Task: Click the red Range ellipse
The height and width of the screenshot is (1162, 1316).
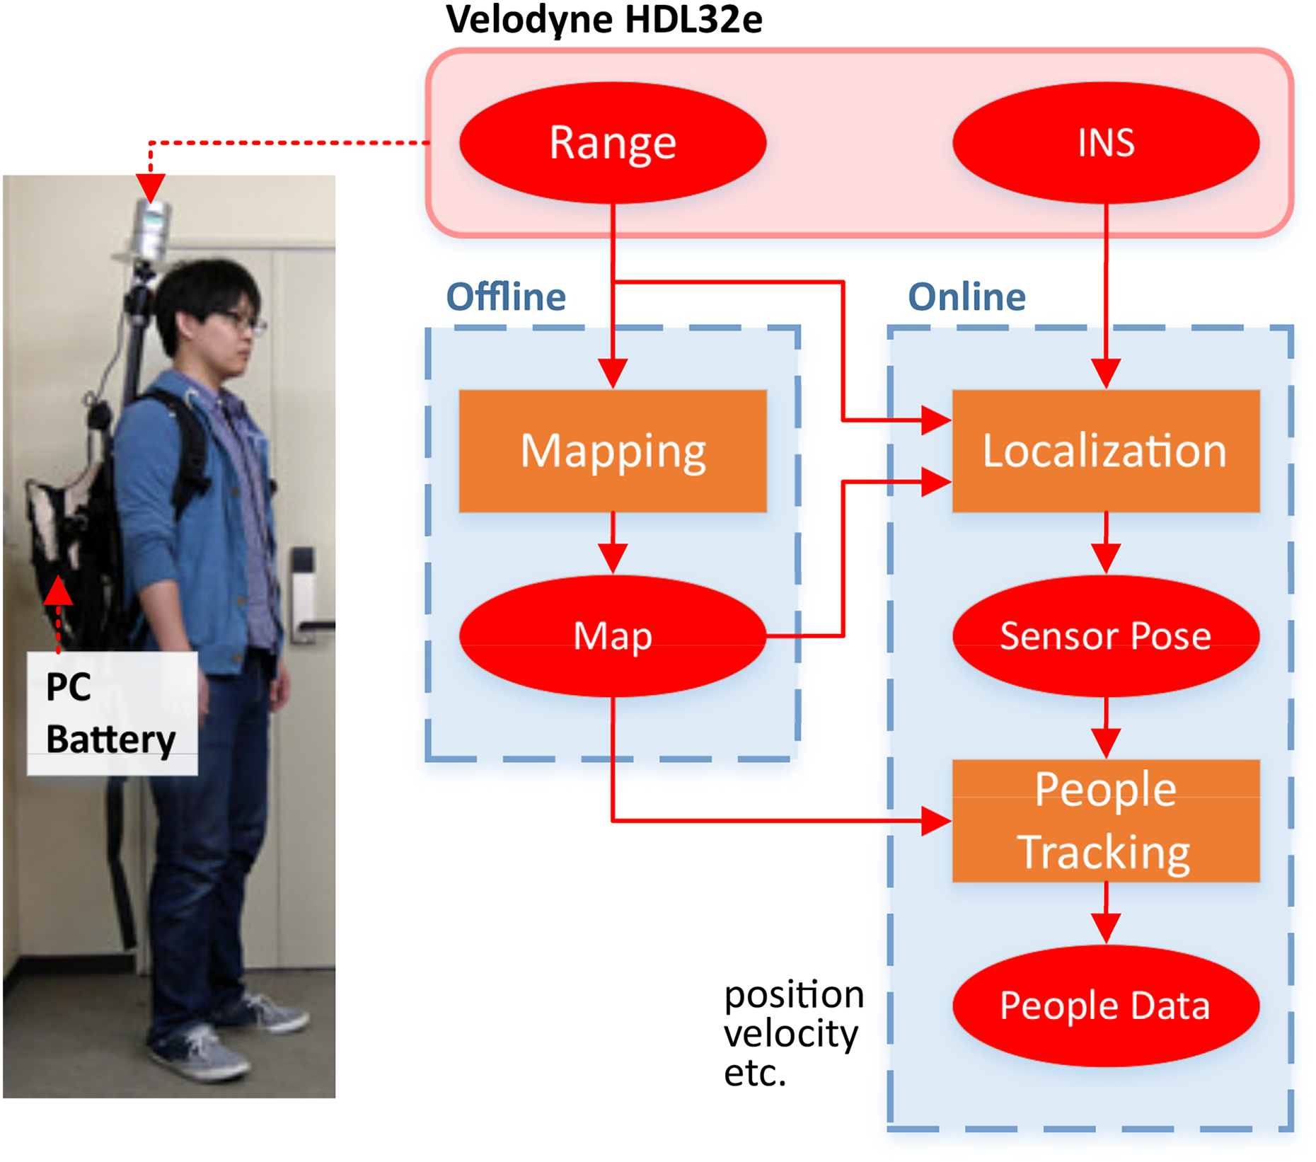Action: [613, 142]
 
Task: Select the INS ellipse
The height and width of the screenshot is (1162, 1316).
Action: [1106, 142]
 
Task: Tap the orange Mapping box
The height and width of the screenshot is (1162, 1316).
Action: [613, 451]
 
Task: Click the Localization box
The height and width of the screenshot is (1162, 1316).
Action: [1106, 451]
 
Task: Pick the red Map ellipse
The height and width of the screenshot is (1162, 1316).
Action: [613, 635]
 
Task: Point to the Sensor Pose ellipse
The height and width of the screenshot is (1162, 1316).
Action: [1106, 635]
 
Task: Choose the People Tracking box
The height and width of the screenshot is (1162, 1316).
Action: [1106, 821]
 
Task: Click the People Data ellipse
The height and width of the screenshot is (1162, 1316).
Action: [1106, 1006]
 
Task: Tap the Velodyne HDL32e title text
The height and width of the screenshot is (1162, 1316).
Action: [604, 20]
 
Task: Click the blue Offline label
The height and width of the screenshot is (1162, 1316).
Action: [506, 297]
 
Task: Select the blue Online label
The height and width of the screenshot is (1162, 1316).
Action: [966, 297]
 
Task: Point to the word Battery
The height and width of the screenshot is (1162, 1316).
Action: [110, 740]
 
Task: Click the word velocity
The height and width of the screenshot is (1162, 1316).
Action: [791, 1034]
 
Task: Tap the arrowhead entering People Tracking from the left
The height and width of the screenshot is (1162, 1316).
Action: [937, 821]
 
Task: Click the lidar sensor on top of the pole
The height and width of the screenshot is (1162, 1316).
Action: [151, 228]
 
